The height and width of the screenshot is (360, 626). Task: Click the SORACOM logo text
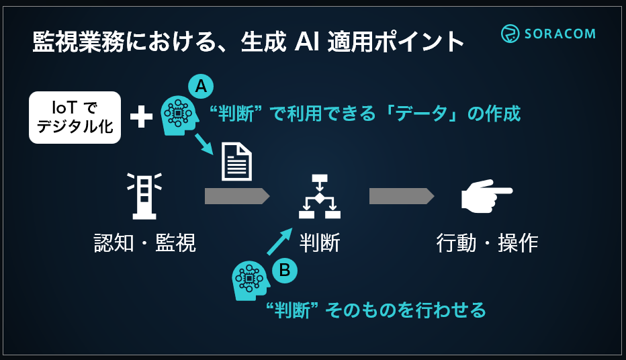click(557, 34)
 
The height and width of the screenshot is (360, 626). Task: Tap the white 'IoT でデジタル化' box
click(75, 118)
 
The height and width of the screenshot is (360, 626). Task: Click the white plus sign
click(141, 118)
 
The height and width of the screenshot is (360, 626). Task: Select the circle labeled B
click(284, 270)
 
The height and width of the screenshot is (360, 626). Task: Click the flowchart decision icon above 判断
click(320, 196)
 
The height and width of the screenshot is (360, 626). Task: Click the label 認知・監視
click(144, 242)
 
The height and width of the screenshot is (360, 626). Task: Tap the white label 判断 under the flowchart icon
click(320, 242)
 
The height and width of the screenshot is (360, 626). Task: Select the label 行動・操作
click(487, 242)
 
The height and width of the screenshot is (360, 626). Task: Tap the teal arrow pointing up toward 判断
click(279, 241)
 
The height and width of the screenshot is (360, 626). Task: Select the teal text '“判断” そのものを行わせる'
click(375, 310)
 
